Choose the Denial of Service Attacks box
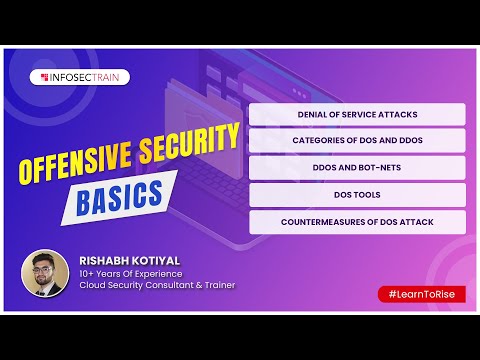click(357, 114)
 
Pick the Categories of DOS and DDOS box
click(357, 140)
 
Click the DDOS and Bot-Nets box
click(357, 167)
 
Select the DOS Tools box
click(357, 193)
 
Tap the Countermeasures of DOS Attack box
click(357, 220)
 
